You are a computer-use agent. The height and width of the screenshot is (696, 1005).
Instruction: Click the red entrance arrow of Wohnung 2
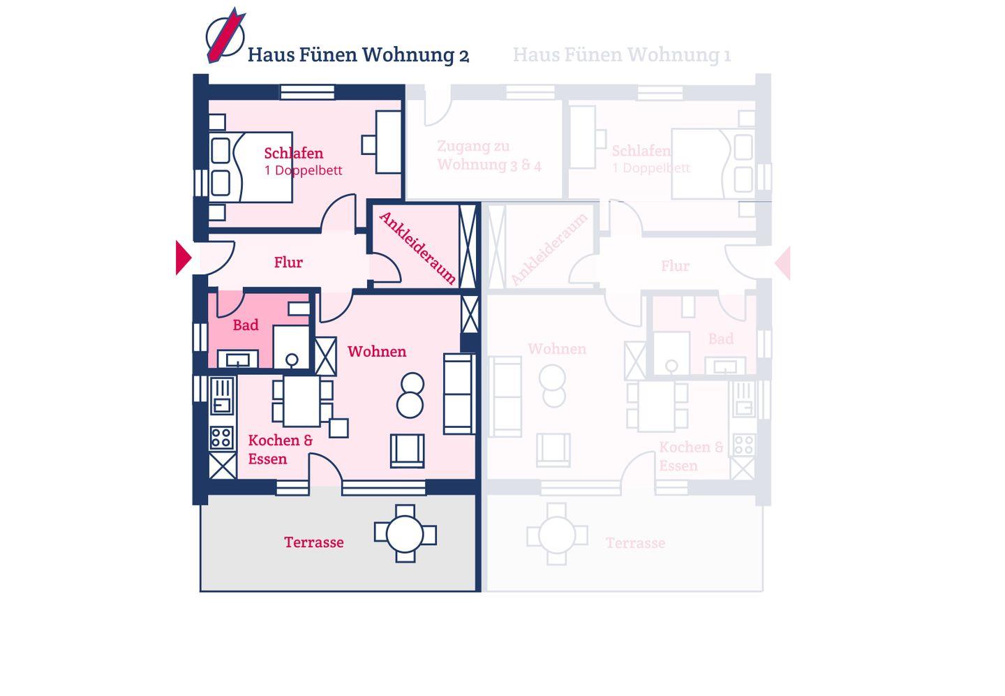point(183,258)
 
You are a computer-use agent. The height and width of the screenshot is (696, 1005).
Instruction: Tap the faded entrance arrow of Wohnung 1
point(783,262)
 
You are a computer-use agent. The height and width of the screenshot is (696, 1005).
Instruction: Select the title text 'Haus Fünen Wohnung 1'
point(621,54)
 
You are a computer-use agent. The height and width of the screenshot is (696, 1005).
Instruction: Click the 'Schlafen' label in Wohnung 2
point(293,153)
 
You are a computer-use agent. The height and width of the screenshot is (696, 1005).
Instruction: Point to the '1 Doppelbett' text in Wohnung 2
point(303,170)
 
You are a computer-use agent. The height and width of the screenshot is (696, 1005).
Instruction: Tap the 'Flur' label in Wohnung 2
point(288,262)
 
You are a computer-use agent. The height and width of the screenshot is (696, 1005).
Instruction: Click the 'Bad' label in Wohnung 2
point(245,325)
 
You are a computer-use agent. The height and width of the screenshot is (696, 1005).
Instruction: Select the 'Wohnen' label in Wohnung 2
point(376,351)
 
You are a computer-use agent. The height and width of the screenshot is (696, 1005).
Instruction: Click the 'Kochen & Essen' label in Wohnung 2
point(280,450)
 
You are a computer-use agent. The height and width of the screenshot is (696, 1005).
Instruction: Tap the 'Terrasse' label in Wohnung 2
point(313,542)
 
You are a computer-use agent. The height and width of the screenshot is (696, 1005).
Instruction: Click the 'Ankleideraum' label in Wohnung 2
point(417,248)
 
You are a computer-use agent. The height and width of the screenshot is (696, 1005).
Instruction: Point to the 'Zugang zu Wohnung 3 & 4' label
point(489,156)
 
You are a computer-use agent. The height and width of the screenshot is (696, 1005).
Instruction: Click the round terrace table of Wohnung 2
point(405,534)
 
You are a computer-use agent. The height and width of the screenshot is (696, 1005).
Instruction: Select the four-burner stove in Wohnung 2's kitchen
point(222,438)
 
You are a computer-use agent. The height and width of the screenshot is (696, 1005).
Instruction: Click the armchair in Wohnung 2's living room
point(407,450)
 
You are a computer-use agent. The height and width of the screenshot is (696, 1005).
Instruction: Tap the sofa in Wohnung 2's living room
point(459,394)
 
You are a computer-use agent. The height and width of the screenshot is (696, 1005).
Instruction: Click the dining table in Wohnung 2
point(301,401)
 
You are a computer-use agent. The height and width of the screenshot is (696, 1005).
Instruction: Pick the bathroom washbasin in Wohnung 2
point(238,360)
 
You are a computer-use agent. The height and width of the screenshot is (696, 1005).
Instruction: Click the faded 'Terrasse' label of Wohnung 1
point(635,543)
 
